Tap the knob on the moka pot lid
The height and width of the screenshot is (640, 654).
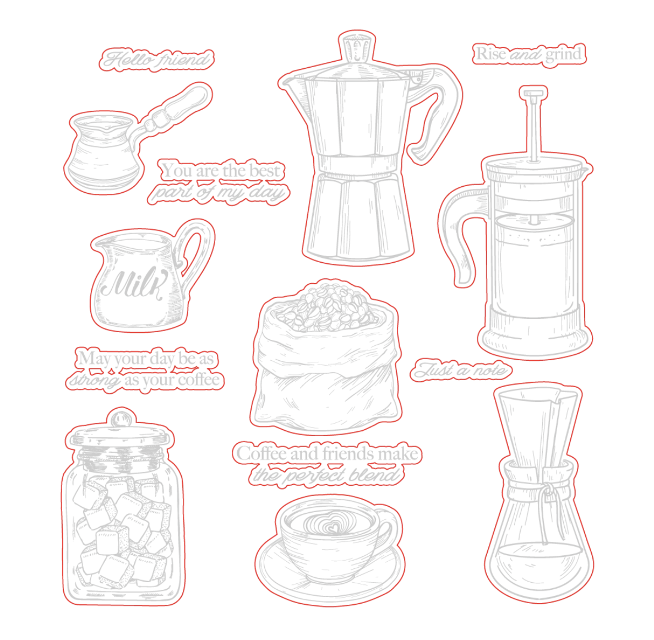coord(357,47)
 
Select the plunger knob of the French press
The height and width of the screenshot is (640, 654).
coord(533,93)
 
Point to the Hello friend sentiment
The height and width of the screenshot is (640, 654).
coord(157,59)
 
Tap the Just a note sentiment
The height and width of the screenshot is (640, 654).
coord(461,370)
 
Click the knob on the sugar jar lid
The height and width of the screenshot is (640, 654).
coord(121,419)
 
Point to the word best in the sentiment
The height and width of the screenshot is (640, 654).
coord(265,171)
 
